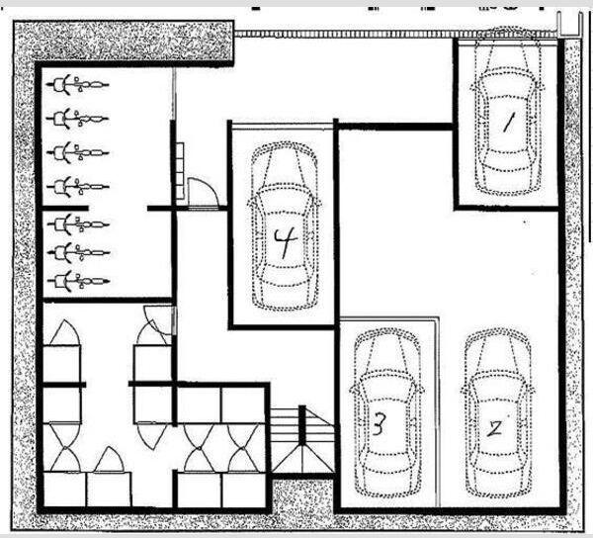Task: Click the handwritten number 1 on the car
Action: tap(508, 124)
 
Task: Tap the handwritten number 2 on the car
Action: tap(494, 428)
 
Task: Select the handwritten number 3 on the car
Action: tap(380, 423)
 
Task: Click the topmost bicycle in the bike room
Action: tap(77, 84)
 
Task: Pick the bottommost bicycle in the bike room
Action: tap(79, 281)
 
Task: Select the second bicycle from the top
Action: tap(77, 119)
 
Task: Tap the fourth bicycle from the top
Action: tap(78, 187)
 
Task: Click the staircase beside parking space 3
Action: tap(302, 440)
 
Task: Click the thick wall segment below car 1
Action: tap(507, 208)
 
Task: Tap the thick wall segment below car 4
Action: tap(282, 327)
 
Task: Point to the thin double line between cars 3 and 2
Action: tap(437, 412)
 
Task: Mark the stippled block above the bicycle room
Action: tap(123, 41)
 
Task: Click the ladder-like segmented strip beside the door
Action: tap(180, 171)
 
